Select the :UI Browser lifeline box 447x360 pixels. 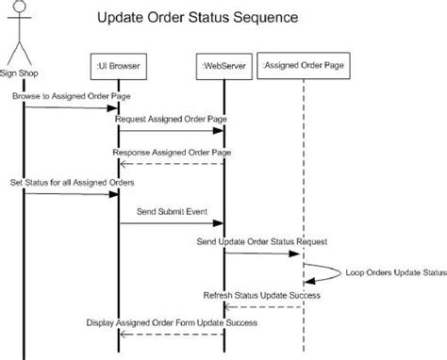119,66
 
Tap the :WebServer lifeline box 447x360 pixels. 223,66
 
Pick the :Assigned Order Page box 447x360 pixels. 304,66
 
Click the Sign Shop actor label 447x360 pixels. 23,73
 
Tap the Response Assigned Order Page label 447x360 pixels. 171,152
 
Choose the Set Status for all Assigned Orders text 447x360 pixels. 72,181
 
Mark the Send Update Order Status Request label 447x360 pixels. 262,242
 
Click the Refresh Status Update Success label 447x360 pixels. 262,295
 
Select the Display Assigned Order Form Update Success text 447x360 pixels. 171,322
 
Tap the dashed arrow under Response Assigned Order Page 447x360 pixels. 171,163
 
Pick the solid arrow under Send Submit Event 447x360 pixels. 171,224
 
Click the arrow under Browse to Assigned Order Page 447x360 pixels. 71,107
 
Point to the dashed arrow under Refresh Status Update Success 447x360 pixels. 263,306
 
